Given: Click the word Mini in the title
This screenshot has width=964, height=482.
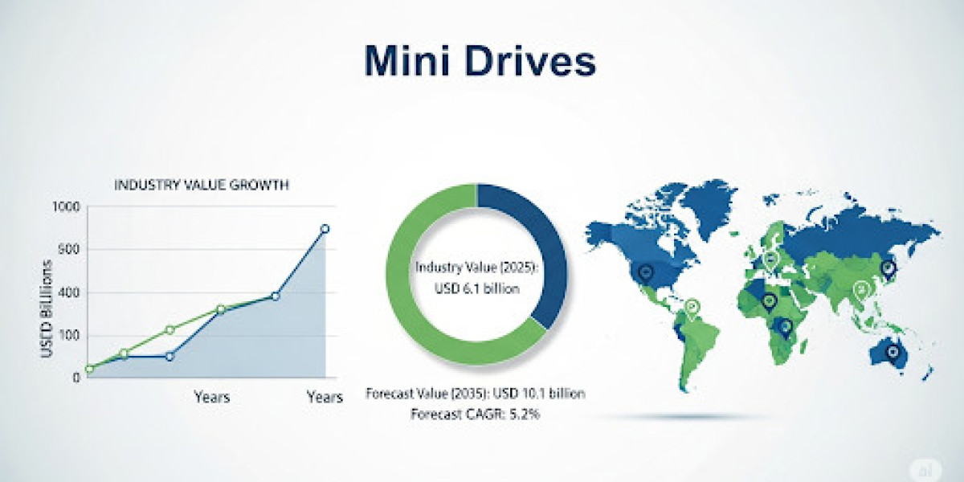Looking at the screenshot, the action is tap(406, 61).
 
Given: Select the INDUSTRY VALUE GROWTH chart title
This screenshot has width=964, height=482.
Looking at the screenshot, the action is tap(202, 185).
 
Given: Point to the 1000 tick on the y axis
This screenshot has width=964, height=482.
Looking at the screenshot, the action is tap(66, 207).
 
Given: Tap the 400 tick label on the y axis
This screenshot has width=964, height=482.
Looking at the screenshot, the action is tap(68, 292).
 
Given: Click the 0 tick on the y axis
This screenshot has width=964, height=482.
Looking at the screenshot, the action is tap(76, 378).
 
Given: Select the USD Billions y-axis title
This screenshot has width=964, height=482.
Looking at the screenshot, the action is tap(47, 309).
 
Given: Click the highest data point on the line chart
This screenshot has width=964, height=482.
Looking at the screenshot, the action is tap(325, 228).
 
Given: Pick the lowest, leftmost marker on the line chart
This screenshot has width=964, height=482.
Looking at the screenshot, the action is tap(89, 369).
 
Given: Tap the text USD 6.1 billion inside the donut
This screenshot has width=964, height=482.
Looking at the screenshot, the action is tap(477, 288).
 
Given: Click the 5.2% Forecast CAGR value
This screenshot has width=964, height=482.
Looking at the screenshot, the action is tap(525, 415).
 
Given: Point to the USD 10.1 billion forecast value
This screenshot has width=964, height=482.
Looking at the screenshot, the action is tap(539, 394).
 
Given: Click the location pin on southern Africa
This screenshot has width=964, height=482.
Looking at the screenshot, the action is tap(786, 329).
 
